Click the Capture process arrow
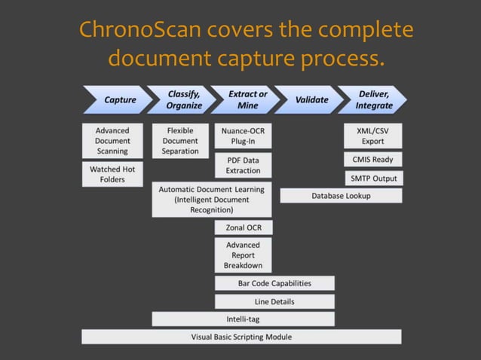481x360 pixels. coord(119,100)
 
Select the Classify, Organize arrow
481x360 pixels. coord(183,100)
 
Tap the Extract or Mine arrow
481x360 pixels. coord(247,100)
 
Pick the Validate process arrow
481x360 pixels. coord(311,100)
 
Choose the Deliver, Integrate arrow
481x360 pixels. coord(374,100)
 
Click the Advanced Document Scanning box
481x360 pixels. coord(112,141)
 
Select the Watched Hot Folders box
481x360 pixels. coord(112,175)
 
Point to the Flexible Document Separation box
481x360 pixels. coord(180,141)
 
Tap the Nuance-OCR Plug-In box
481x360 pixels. coord(243,136)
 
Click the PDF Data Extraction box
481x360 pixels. coord(243,166)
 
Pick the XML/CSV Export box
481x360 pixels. coord(372,136)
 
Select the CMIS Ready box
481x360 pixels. coord(372,160)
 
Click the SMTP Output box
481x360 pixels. coord(372,178)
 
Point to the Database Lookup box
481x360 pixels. coord(341,196)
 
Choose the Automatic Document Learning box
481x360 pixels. coord(211,200)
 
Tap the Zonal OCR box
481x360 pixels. coord(243,227)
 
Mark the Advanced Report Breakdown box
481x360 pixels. coord(243,255)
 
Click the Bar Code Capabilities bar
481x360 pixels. coord(274,284)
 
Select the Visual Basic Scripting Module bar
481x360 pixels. coord(241,337)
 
